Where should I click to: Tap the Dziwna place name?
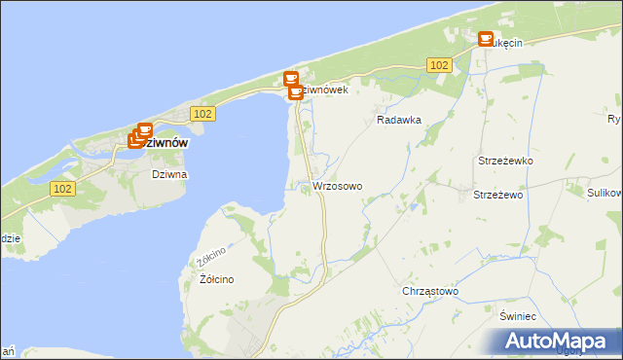click(x=168, y=174)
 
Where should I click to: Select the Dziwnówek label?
click(x=324, y=90)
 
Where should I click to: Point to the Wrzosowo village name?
click(x=337, y=186)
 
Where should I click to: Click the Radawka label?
click(x=397, y=122)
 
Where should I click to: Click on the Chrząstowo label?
click(x=429, y=291)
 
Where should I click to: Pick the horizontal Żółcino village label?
click(x=216, y=279)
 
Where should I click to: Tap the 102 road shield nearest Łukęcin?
click(x=438, y=64)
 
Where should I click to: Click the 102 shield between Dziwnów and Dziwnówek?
click(x=202, y=114)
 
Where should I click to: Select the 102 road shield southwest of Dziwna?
click(x=62, y=188)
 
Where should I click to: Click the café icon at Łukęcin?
click(x=485, y=39)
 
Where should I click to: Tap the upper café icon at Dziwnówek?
click(x=290, y=79)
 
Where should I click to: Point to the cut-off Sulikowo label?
click(x=605, y=194)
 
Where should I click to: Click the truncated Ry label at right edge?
click(x=613, y=120)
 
